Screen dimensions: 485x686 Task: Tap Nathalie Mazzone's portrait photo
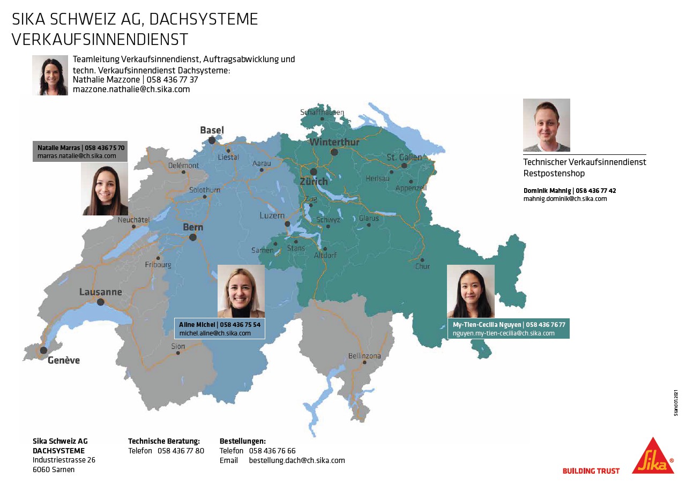[50, 75]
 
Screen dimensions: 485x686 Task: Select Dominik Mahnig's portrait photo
[546, 125]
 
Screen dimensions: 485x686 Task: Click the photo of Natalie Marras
[105, 189]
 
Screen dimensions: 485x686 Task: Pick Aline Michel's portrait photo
[241, 292]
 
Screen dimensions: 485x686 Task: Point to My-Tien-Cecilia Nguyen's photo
[471, 291]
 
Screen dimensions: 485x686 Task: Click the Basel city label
[212, 130]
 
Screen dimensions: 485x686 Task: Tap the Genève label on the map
[63, 360]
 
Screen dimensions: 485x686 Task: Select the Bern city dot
[193, 237]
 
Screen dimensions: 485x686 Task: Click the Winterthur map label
[334, 142]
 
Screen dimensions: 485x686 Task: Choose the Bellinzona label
[364, 356]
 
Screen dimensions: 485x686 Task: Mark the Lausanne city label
[100, 292]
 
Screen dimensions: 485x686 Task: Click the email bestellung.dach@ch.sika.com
[297, 460]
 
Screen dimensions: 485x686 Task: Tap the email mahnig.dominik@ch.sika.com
[565, 199]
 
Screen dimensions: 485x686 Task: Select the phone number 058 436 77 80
[181, 451]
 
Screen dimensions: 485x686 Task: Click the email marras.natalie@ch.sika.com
[77, 156]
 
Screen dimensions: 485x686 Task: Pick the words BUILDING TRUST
[591, 471]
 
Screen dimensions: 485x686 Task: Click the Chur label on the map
[422, 266]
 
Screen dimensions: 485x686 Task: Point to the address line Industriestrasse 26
[64, 460]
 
